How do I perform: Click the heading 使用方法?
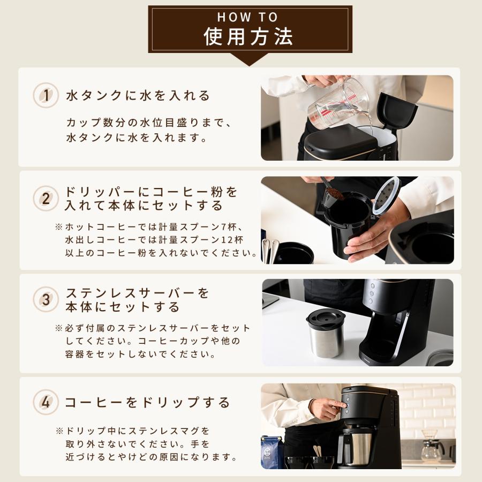(x=248, y=37)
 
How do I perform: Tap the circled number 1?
(x=46, y=96)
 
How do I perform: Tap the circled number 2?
(x=46, y=199)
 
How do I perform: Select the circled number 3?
(x=46, y=300)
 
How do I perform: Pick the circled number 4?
(x=46, y=403)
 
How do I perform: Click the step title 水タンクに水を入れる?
(x=138, y=96)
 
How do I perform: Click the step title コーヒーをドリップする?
(x=147, y=403)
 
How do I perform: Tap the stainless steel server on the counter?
(x=325, y=334)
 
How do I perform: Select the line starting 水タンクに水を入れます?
(x=137, y=138)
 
